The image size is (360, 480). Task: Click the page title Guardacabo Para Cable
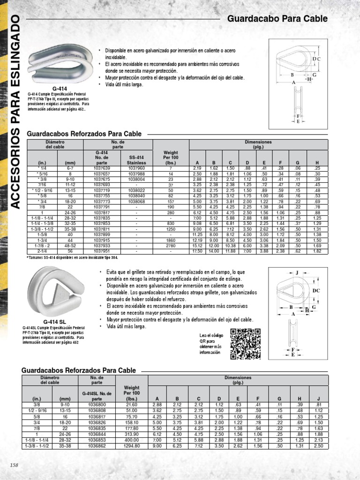pos(277,19)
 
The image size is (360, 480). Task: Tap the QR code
pos(245,344)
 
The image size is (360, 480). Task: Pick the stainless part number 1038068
pos(136,201)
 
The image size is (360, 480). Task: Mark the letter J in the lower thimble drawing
pos(297,272)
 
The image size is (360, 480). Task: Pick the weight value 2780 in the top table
pos(171,245)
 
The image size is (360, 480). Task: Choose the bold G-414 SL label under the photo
pos(55,322)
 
